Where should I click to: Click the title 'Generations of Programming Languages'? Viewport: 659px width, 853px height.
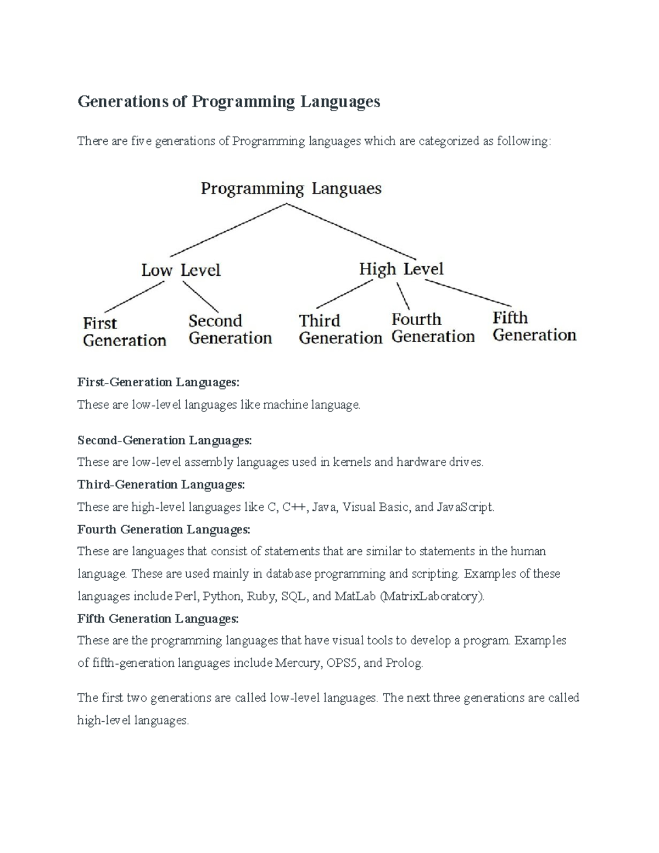click(228, 102)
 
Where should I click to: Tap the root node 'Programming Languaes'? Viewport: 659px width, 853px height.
click(291, 189)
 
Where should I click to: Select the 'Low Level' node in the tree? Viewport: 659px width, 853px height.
click(181, 270)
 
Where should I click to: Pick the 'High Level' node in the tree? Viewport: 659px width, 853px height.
click(401, 269)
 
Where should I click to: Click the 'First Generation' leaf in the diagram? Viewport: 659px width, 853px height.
click(124, 332)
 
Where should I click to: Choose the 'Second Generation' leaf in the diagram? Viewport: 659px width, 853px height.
click(230, 330)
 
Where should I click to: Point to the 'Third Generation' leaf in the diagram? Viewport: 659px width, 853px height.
click(340, 329)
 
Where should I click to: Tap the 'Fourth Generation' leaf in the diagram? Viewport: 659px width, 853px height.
click(433, 328)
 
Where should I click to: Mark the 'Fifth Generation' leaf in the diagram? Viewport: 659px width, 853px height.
click(534, 326)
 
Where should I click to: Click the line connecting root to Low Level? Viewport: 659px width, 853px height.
click(228, 230)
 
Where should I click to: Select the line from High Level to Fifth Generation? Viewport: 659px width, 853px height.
click(468, 293)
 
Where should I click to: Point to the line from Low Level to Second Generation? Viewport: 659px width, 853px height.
click(200, 297)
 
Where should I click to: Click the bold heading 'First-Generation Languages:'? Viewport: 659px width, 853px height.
click(159, 382)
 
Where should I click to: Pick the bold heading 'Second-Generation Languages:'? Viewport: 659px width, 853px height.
click(165, 441)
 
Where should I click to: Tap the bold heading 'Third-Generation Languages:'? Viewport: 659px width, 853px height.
click(161, 484)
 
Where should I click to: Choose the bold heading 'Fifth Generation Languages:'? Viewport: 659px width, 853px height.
click(158, 619)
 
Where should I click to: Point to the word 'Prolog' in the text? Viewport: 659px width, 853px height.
click(404, 664)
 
